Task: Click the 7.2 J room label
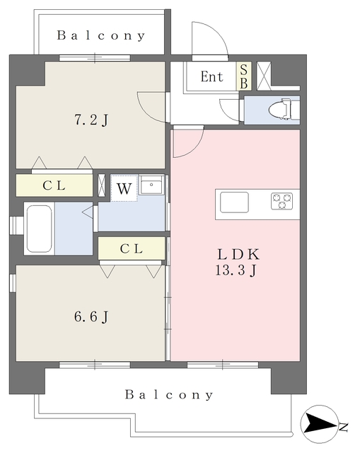91,120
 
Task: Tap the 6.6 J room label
91,316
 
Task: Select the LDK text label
238,254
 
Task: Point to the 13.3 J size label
236,270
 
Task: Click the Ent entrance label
212,77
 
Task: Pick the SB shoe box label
244,76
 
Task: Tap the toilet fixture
284,109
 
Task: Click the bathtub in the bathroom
40,229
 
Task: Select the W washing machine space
124,189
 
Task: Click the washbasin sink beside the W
151,184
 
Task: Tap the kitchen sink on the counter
234,202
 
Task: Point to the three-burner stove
281,201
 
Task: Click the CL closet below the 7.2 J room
54,185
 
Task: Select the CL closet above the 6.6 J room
132,248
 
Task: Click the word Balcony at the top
100,35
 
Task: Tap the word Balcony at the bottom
169,395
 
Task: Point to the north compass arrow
319,424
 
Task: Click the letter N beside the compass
343,427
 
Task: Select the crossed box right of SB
264,76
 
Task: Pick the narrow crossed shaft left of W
102,185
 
